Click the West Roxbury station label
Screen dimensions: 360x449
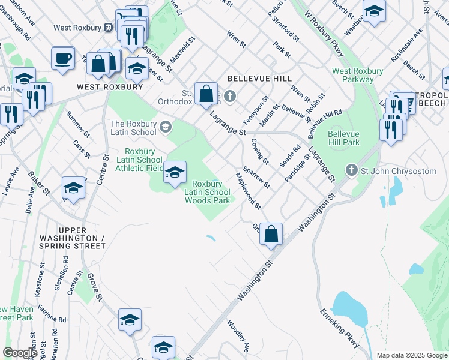[x=77, y=27]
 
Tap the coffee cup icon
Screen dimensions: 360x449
[x=63, y=58]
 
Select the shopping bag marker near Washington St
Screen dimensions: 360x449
[x=271, y=233]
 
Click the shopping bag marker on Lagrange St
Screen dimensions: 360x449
[x=206, y=93]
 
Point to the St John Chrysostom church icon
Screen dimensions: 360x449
[x=352, y=171]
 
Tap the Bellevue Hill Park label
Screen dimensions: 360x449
[x=344, y=139]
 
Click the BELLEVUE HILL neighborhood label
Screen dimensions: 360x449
[x=260, y=79]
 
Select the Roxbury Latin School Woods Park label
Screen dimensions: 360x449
[x=207, y=192]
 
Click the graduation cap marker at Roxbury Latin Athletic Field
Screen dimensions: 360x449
[x=175, y=173]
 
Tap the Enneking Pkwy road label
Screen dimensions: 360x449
[x=340, y=329]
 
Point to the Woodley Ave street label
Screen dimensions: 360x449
[x=238, y=336]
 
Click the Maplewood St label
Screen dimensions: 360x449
[x=248, y=191]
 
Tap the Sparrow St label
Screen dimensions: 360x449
[x=256, y=176]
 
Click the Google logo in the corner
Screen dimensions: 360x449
[x=19, y=353]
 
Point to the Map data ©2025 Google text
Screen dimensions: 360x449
[x=412, y=355]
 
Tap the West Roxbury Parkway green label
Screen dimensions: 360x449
[x=358, y=75]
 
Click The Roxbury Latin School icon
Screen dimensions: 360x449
[x=165, y=127]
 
